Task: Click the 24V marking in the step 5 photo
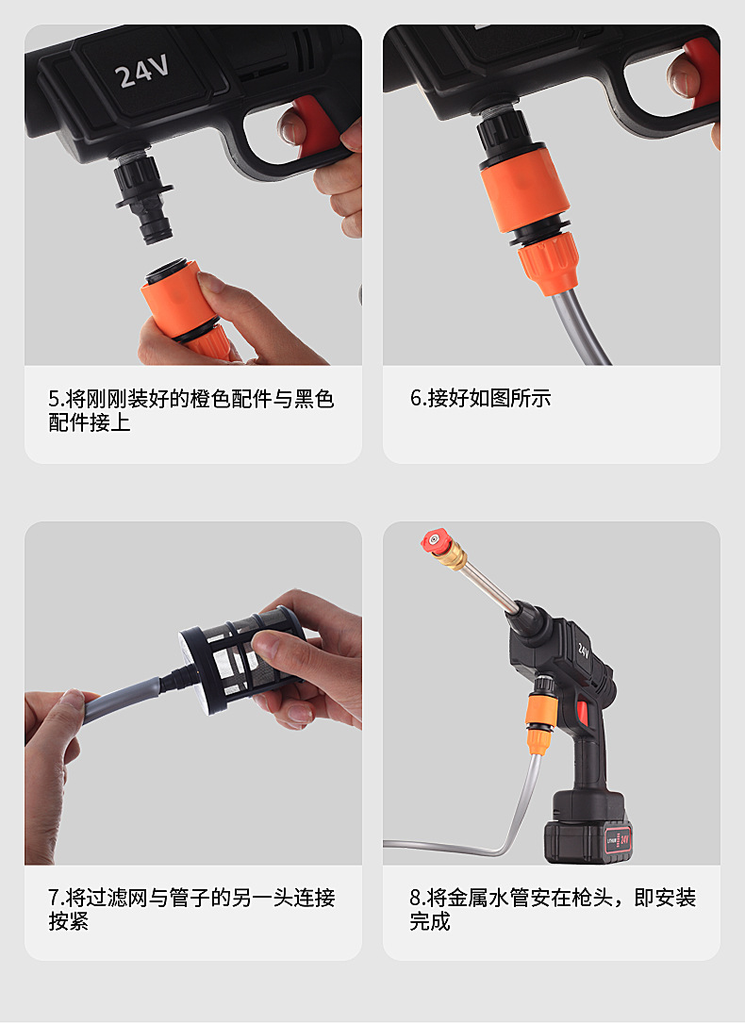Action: pyautogui.click(x=142, y=73)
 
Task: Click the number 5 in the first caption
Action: pyautogui.click(x=54, y=399)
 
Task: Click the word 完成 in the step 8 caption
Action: pyautogui.click(x=430, y=922)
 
